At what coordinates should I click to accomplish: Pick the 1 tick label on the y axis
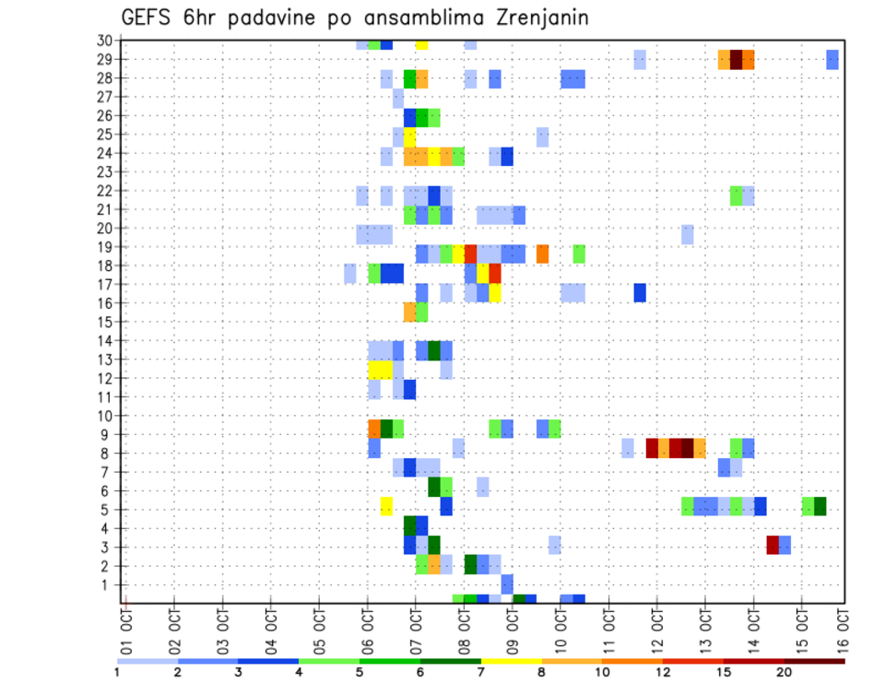click(108, 584)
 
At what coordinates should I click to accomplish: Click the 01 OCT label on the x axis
click(125, 625)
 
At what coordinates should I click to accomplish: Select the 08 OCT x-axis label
click(464, 625)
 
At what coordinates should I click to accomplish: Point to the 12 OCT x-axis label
click(656, 625)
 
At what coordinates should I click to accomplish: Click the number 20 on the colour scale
click(785, 672)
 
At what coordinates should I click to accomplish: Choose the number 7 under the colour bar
click(480, 672)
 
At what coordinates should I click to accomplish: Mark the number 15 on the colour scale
click(724, 672)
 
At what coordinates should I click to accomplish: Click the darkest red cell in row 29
click(736, 59)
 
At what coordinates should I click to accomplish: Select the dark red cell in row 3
click(773, 545)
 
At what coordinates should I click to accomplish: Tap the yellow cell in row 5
click(386, 507)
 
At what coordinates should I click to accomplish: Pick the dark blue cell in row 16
click(640, 292)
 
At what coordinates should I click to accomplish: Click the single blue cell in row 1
click(507, 584)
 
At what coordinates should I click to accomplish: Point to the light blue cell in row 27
click(398, 98)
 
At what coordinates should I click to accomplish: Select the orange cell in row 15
click(410, 312)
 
